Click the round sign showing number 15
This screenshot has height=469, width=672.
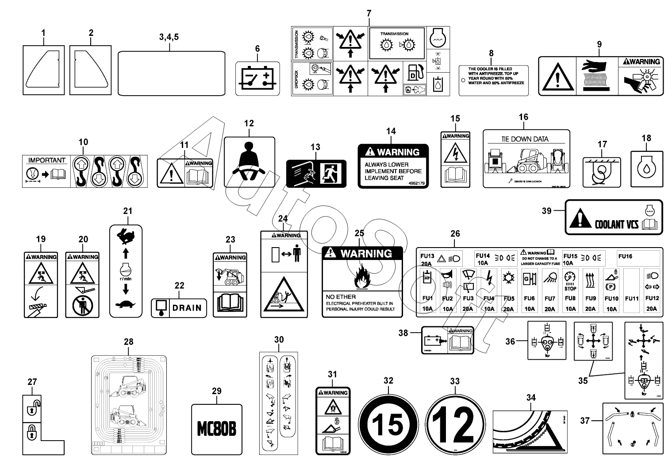click(388, 424)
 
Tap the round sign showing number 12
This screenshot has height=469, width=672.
click(456, 424)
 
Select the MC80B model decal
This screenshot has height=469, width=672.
click(216, 429)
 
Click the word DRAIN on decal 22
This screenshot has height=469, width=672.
click(187, 307)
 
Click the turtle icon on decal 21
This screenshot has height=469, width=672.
click(126, 304)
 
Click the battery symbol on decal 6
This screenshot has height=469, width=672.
click(257, 78)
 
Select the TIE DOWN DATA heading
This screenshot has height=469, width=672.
click(524, 139)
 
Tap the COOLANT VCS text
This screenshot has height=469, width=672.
click(616, 224)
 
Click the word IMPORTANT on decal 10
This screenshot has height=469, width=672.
click(47, 160)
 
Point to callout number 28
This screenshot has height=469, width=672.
click(128, 342)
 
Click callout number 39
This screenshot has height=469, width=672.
click(547, 211)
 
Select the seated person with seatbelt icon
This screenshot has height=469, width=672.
click(249, 162)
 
